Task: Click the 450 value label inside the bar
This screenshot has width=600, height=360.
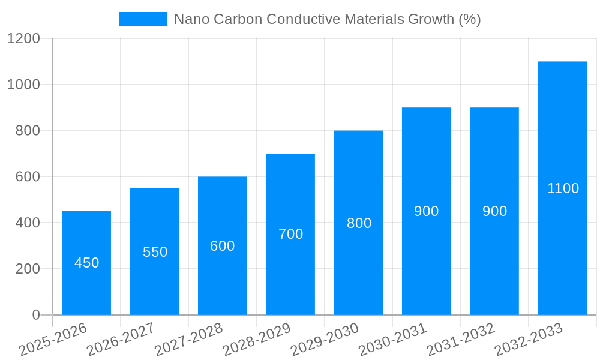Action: (x=86, y=263)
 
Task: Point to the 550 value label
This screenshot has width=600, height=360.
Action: (x=155, y=252)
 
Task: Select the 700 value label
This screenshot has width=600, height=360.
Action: (x=290, y=234)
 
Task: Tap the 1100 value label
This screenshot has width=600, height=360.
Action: (x=563, y=188)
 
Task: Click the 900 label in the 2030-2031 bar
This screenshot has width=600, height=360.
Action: (x=427, y=211)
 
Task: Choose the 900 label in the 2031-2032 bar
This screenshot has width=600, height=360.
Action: (x=494, y=211)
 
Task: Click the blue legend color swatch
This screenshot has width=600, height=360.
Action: (x=143, y=19)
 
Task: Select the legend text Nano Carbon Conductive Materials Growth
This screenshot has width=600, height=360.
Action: (x=327, y=19)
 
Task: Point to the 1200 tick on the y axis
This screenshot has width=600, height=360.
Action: (x=23, y=39)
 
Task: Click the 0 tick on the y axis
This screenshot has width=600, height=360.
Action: (x=35, y=315)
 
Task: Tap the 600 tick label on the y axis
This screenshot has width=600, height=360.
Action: (x=27, y=177)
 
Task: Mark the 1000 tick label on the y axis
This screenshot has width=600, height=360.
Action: (x=23, y=85)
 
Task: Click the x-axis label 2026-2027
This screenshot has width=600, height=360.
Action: (x=121, y=340)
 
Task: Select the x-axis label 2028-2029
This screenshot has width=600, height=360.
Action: (x=257, y=340)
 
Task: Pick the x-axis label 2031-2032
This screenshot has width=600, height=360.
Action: (x=461, y=340)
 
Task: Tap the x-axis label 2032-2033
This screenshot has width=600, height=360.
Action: (x=529, y=340)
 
